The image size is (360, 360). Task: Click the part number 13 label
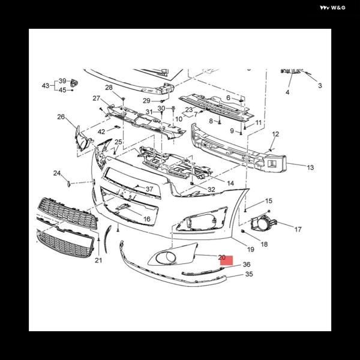(x=310, y=168)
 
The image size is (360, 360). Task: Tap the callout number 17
(x=298, y=229)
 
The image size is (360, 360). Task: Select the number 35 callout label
(x=248, y=274)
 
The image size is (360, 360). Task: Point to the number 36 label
(x=246, y=265)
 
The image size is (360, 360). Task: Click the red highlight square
(x=226, y=260)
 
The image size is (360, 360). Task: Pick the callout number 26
(x=61, y=117)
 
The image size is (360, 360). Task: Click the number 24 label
(x=57, y=173)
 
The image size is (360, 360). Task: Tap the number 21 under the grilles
(x=98, y=260)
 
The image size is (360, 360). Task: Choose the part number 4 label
(x=287, y=92)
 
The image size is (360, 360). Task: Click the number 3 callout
(x=320, y=86)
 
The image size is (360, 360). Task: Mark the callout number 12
(x=275, y=134)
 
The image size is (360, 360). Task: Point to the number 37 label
(x=149, y=190)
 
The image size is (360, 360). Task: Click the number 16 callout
(x=146, y=220)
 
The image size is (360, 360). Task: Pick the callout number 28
(x=109, y=88)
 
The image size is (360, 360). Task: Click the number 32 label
(x=211, y=190)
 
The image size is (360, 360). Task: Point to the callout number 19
(x=251, y=249)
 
